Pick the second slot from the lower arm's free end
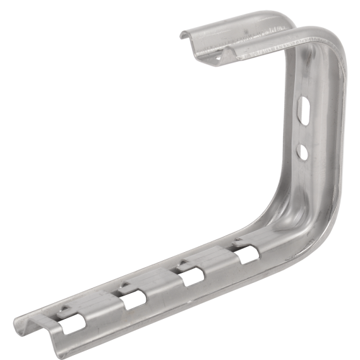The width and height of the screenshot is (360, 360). coord(133,300)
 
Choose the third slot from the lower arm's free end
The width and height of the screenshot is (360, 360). coord(190,277)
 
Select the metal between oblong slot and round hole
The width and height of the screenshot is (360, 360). coord(305,131)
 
